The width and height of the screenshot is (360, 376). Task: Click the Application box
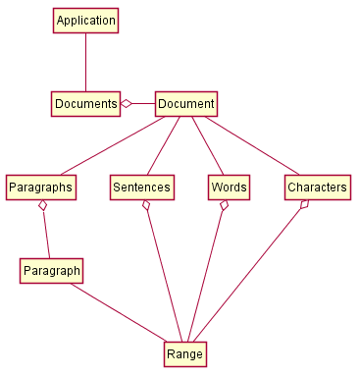click(85, 21)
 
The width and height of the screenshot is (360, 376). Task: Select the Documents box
click(85, 103)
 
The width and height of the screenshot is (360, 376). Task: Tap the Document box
click(185, 103)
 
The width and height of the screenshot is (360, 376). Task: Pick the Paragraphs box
click(41, 187)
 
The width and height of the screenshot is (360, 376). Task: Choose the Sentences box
click(142, 187)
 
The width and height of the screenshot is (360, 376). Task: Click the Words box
click(229, 187)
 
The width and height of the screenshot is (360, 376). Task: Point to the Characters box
click(318, 187)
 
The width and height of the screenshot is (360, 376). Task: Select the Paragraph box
click(51, 270)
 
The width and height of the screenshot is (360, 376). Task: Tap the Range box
click(184, 353)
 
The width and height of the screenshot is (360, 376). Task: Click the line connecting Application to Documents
click(85, 62)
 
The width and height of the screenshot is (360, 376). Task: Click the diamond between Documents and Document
click(127, 103)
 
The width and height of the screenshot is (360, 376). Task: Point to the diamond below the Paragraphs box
click(42, 206)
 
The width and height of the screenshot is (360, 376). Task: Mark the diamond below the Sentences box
click(146, 206)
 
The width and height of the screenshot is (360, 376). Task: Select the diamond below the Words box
click(225, 206)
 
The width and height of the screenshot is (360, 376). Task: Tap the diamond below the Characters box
click(305, 205)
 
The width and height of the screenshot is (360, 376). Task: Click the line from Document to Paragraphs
click(113, 145)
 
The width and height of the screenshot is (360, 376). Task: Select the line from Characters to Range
click(250, 275)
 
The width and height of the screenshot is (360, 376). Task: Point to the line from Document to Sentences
click(164, 145)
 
